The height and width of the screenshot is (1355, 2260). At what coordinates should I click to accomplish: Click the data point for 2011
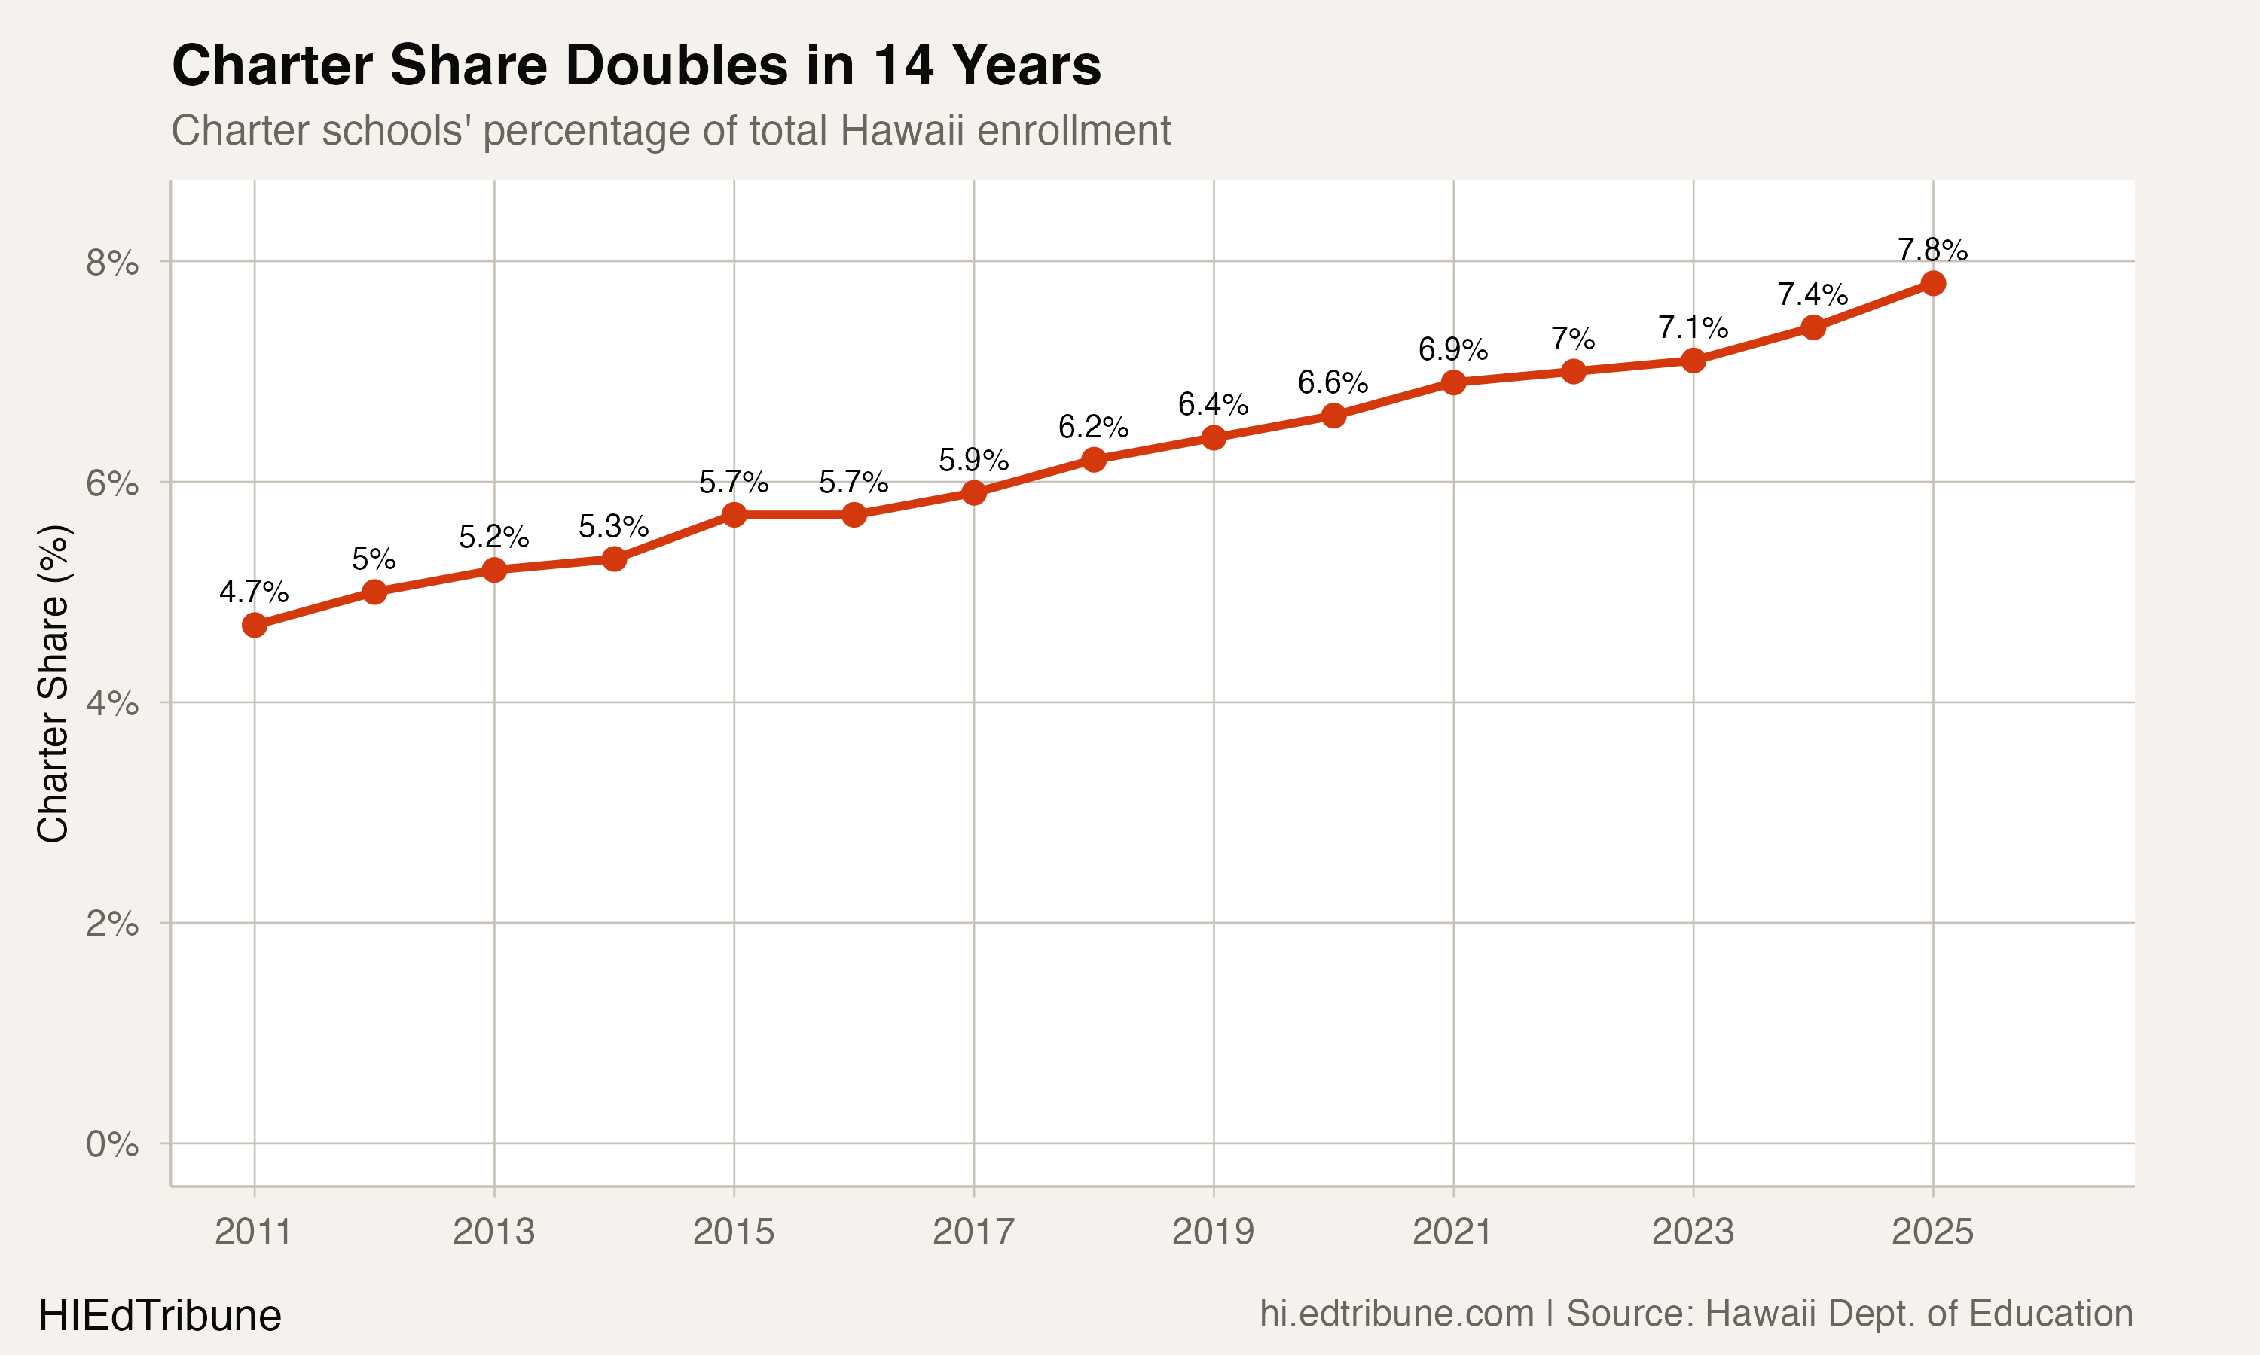tap(255, 626)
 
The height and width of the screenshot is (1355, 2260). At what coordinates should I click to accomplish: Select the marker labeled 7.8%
tap(1933, 283)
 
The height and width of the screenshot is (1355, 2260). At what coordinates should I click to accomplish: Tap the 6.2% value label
tap(1093, 426)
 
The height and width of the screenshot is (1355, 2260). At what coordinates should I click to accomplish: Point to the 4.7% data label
tap(254, 592)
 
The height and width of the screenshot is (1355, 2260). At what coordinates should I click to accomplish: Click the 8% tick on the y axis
tap(112, 263)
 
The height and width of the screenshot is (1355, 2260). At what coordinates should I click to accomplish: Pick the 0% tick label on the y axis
tap(112, 1144)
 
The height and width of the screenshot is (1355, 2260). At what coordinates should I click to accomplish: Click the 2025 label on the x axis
tap(1932, 1232)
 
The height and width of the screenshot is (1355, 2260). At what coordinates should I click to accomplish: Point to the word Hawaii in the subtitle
tap(902, 130)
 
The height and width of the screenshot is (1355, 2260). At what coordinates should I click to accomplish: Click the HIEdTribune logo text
tap(160, 1316)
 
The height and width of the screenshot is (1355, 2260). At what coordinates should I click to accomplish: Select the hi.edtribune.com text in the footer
tap(1397, 1314)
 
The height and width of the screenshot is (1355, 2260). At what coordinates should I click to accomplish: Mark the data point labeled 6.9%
tap(1453, 382)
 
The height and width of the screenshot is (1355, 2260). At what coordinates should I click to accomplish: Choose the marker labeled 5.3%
tap(615, 559)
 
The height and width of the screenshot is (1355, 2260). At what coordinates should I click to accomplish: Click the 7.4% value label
tap(1813, 294)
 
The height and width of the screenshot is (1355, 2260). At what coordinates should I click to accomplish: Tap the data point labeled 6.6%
tap(1333, 416)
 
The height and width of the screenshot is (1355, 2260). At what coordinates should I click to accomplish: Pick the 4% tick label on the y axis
tap(112, 703)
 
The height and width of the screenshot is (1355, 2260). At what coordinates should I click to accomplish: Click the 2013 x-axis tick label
tap(493, 1232)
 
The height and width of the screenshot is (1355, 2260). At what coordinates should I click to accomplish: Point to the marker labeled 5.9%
tap(974, 493)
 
